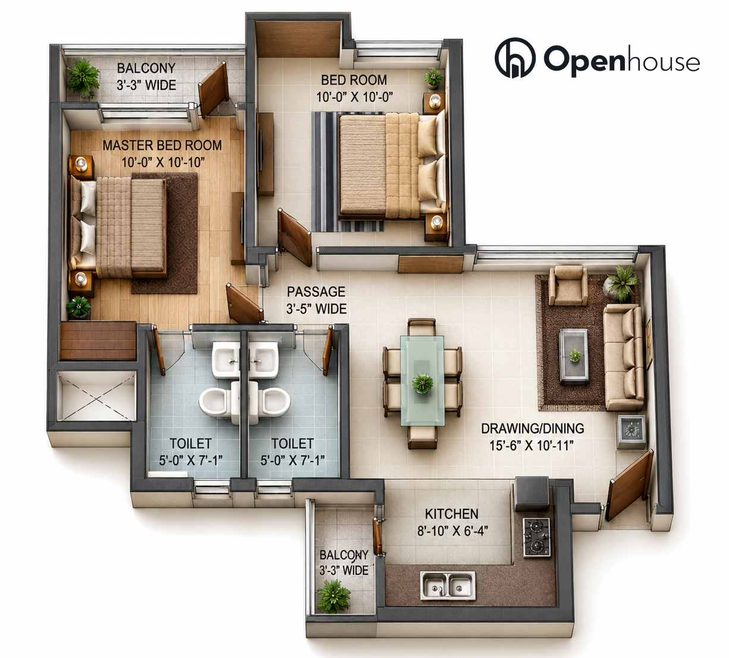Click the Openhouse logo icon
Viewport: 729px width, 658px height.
tap(515, 58)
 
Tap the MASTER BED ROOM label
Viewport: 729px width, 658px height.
tap(162, 146)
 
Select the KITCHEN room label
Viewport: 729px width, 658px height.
tap(452, 514)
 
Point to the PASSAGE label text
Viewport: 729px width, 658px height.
tap(316, 291)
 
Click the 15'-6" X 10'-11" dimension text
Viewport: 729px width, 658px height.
tap(532, 445)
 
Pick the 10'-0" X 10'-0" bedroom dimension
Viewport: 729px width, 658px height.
tap(354, 97)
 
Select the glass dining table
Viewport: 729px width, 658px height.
tap(422, 380)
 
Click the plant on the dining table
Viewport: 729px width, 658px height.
tap(422, 383)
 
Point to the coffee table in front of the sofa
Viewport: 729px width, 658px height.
tap(574, 356)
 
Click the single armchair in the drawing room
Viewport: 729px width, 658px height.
tap(568, 285)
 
